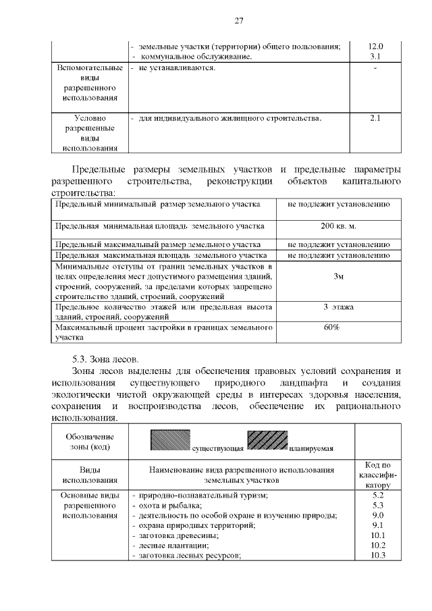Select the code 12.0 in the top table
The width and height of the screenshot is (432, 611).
tap(376, 46)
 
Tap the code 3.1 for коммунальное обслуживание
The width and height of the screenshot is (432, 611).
tap(376, 56)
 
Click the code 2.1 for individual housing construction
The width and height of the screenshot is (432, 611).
tap(376, 119)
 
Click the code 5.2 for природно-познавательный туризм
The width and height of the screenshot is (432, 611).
tap(378, 495)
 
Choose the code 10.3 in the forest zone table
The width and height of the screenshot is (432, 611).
tap(378, 555)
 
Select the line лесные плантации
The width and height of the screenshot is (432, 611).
tap(173, 545)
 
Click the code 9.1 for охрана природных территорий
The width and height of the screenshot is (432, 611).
tap(378, 525)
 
